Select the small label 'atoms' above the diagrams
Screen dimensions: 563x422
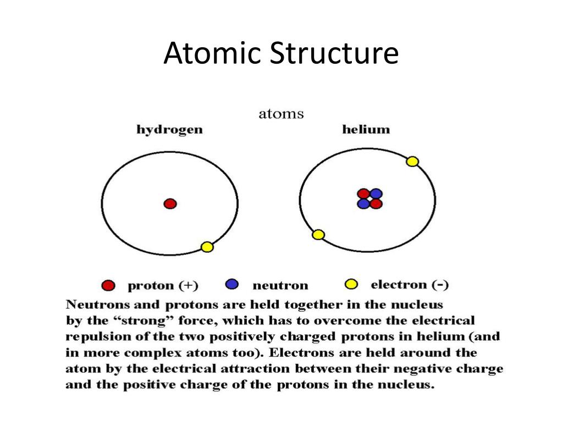tap(281, 114)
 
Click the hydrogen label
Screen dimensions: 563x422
tap(169, 130)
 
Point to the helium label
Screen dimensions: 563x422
tap(366, 130)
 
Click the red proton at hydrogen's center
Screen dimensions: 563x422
tap(170, 204)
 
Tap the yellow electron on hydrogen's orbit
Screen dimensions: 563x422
tap(207, 247)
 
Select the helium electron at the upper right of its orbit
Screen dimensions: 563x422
tap(412, 162)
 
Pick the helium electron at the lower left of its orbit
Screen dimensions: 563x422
tap(318, 235)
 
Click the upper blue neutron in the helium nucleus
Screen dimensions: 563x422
tap(376, 193)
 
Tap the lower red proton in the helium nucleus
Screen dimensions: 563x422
tap(376, 204)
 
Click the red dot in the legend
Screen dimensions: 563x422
tap(108, 286)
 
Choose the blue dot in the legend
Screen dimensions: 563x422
tap(232, 284)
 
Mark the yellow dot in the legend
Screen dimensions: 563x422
tap(350, 284)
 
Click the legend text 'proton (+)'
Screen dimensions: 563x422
tap(163, 286)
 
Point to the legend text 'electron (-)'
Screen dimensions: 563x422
tap(410, 285)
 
